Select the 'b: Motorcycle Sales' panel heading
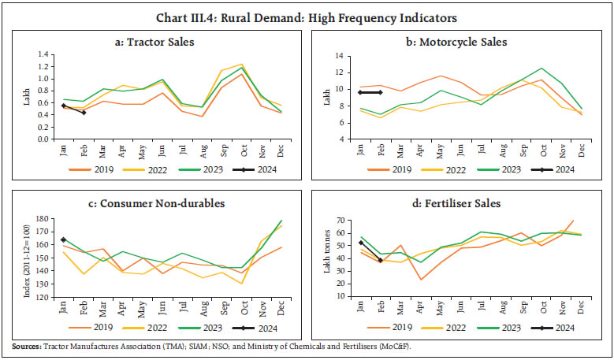pyautogui.click(x=459, y=41)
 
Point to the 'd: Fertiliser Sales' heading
pyautogui.click(x=459, y=203)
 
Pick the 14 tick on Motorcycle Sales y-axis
pyautogui.click(x=344, y=56)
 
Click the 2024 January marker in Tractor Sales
pyautogui.click(x=64, y=106)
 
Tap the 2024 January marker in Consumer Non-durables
pyautogui.click(x=63, y=239)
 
